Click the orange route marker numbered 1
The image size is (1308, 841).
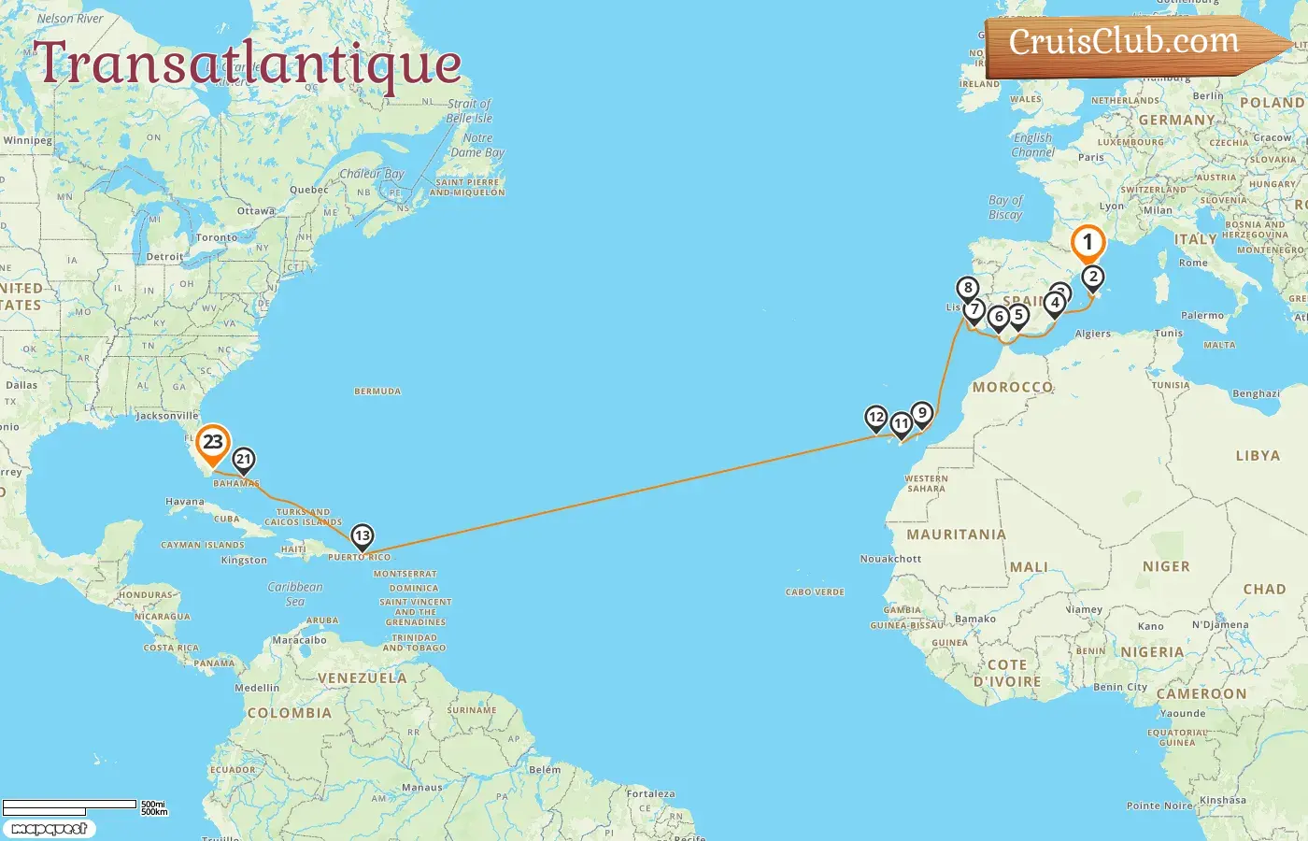tap(1087, 243)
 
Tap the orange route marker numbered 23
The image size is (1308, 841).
tap(213, 443)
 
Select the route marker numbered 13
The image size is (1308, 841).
tap(362, 536)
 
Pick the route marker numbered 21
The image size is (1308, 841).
tap(244, 459)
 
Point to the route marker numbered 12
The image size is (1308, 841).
tap(875, 417)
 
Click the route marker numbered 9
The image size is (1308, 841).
tap(922, 413)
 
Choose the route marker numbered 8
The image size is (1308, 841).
tap(968, 289)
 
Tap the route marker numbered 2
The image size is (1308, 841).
tap(1093, 277)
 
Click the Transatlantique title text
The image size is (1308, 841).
tap(248, 64)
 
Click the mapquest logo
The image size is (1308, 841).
tap(49, 829)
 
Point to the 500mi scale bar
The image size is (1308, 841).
tap(70, 805)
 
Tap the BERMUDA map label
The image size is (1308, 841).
tap(377, 392)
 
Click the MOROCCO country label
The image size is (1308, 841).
tap(1013, 387)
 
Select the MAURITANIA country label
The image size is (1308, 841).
tap(956, 535)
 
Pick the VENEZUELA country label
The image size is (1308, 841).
tap(363, 677)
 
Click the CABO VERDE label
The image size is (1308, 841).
tap(815, 592)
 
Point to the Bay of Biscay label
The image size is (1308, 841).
tap(1005, 207)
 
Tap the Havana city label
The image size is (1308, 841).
tap(184, 502)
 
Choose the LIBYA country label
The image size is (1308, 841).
tap(1258, 456)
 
